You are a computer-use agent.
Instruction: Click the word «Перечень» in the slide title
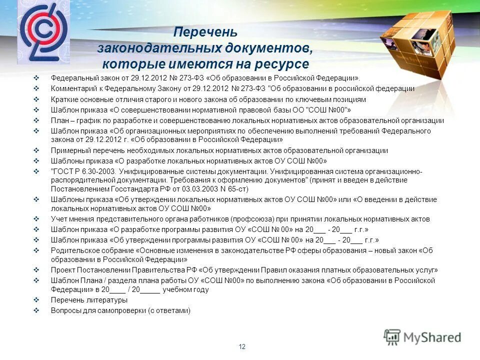(205, 32)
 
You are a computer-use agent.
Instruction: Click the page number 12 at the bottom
(242, 346)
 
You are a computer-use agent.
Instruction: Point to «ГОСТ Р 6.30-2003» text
(83, 171)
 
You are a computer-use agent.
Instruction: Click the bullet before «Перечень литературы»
(36, 300)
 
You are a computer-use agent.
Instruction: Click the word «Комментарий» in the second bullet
(71, 88)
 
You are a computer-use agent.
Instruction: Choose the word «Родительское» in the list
(72, 250)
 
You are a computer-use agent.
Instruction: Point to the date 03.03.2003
(185, 189)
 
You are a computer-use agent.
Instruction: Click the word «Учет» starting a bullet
(58, 219)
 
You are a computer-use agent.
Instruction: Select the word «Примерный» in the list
(69, 150)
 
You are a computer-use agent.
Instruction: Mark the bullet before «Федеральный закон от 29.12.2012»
(36, 78)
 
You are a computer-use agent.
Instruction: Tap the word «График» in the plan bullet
(91, 120)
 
